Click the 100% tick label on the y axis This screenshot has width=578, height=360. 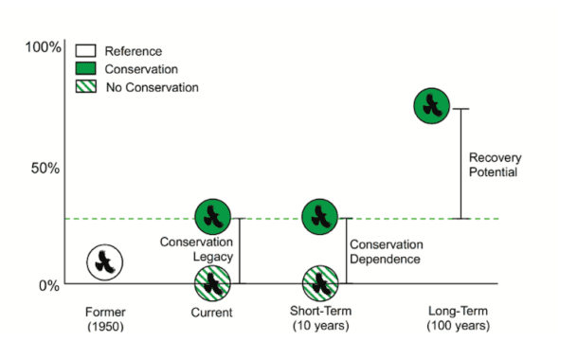(43, 48)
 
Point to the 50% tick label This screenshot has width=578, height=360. (43, 168)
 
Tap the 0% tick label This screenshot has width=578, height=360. (48, 284)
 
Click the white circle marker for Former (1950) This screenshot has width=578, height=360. (106, 261)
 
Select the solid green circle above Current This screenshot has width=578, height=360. (213, 217)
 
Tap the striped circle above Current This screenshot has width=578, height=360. (213, 283)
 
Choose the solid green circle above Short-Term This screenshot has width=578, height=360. (321, 217)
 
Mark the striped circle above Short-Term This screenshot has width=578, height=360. (321, 283)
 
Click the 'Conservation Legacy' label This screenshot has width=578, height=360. (196, 248)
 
